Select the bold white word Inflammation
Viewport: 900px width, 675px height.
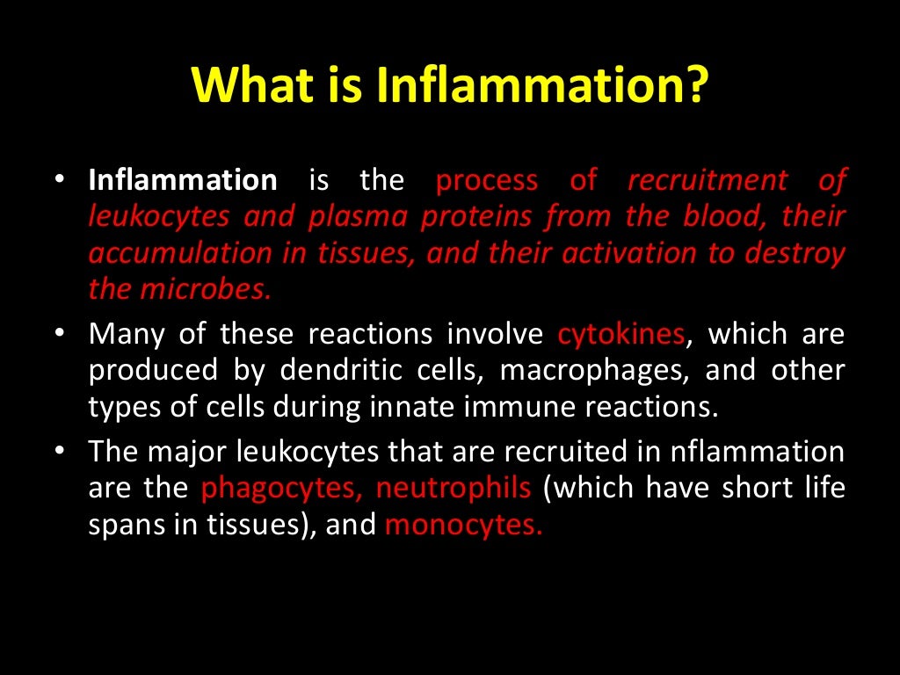(183, 181)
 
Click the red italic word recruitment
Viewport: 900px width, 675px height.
(708, 181)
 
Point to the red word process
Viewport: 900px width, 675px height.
(487, 181)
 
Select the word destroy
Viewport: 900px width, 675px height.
(795, 253)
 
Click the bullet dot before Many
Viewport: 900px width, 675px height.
(59, 335)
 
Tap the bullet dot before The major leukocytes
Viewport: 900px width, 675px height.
(59, 452)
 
